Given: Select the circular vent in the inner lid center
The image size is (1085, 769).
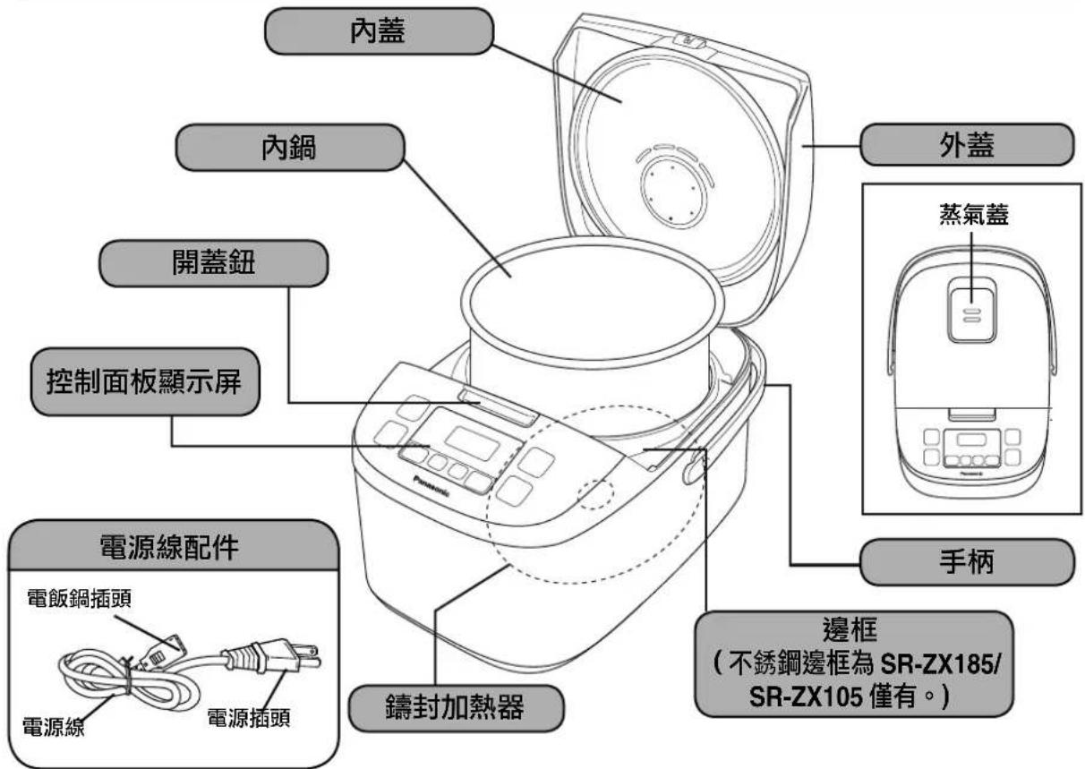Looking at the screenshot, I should pyautogui.click(x=669, y=189).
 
